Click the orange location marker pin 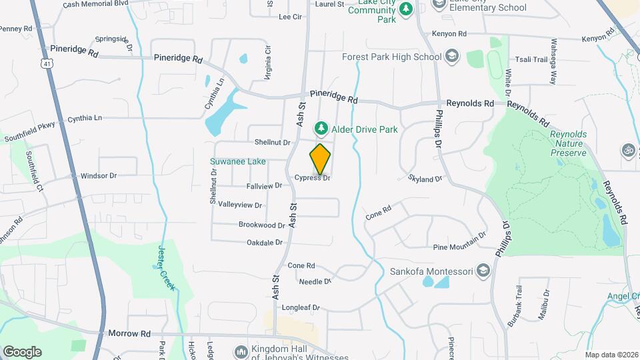coord(320,159)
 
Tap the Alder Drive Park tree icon coord(321,127)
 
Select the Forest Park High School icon coord(452,56)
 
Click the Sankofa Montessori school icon coord(483,271)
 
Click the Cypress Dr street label coord(313,178)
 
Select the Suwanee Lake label coord(238,161)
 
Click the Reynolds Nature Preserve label coord(568,143)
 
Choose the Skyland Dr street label coord(425,179)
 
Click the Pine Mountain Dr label coord(459,243)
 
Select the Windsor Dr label coord(99,176)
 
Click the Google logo coord(22,351)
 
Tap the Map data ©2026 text coord(611,355)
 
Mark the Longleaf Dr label coord(301,308)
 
